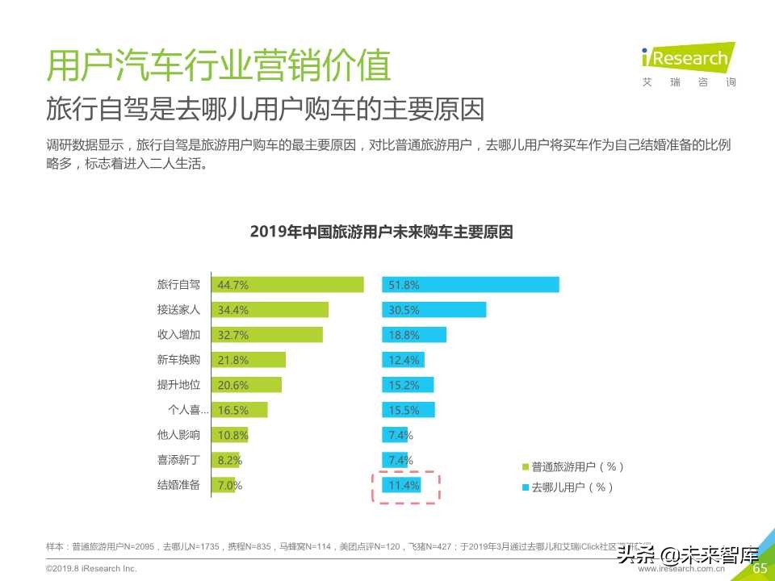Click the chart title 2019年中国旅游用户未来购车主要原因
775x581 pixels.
[x=382, y=232]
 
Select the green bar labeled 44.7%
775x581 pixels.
[x=287, y=285]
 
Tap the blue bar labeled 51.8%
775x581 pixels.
[x=470, y=285]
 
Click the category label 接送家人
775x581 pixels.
[x=178, y=310]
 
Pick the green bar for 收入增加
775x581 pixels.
[x=266, y=335]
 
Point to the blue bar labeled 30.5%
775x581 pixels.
[x=434, y=310]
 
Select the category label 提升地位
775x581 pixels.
[x=178, y=385]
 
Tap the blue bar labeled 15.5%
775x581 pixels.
[x=408, y=410]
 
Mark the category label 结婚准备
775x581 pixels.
[x=178, y=486]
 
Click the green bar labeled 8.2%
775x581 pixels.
[x=225, y=461]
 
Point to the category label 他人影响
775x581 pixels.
[x=178, y=435]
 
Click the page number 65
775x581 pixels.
[x=760, y=568]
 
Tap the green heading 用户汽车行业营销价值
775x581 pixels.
[x=219, y=66]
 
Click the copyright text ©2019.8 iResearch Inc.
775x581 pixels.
[x=91, y=569]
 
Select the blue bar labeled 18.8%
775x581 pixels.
[x=413, y=335]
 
